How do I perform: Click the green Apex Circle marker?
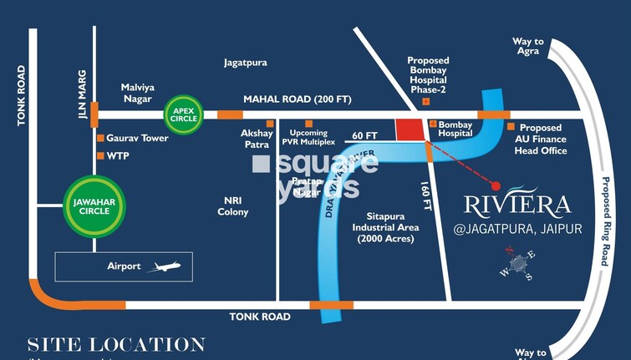(183, 113)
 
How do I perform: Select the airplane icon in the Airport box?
(163, 266)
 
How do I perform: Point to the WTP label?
(117, 155)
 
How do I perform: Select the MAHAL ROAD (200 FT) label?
(297, 99)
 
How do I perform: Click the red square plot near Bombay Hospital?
(409, 130)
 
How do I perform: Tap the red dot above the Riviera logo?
(496, 186)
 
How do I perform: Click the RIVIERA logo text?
(517, 205)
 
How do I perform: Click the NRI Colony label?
(233, 206)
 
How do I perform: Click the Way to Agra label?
(527, 47)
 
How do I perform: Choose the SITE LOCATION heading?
(116, 344)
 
